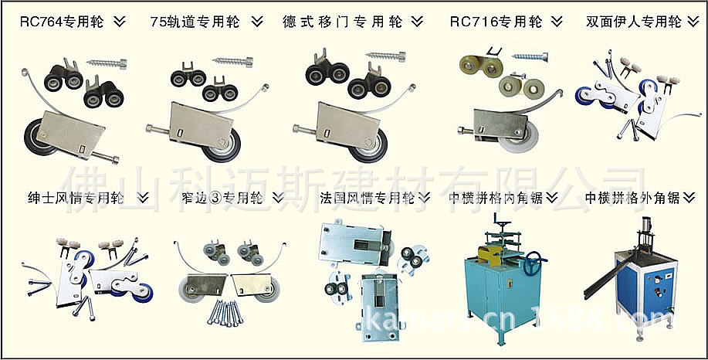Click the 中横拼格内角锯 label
(x=496, y=198)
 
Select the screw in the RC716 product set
(x=536, y=56)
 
